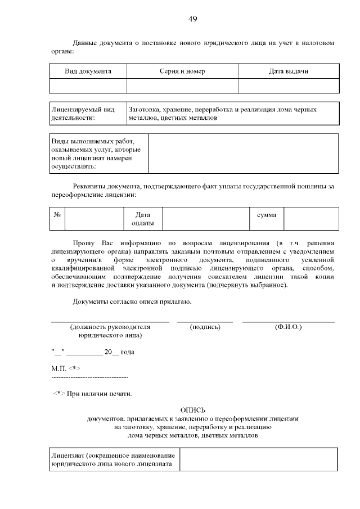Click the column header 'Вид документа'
(88, 71)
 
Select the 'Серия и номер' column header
(182, 71)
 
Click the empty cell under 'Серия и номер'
(182, 85)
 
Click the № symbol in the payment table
(57, 215)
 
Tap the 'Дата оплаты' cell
(143, 219)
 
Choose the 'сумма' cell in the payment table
(266, 215)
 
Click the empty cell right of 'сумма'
(310, 219)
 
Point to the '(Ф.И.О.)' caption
(288, 327)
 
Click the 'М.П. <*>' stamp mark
(65, 367)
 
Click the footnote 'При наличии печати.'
(99, 393)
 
